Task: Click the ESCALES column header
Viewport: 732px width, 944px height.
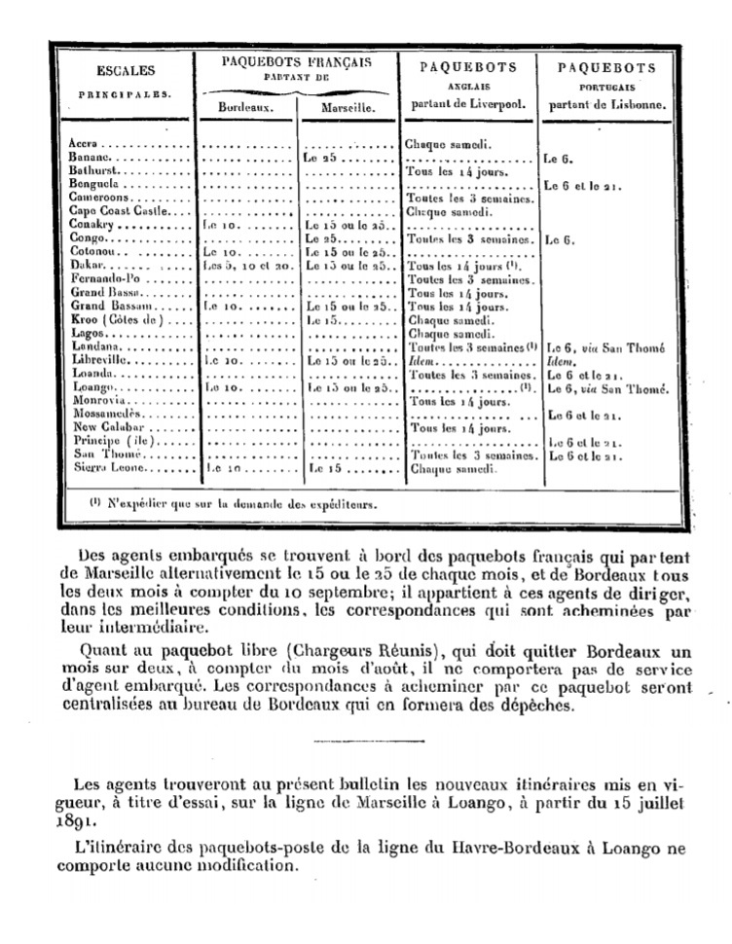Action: point(126,70)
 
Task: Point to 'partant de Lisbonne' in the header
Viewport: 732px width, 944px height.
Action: point(606,104)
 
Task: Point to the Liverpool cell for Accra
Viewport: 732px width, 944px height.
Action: point(449,143)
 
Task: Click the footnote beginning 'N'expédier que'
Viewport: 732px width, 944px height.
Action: point(230,505)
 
